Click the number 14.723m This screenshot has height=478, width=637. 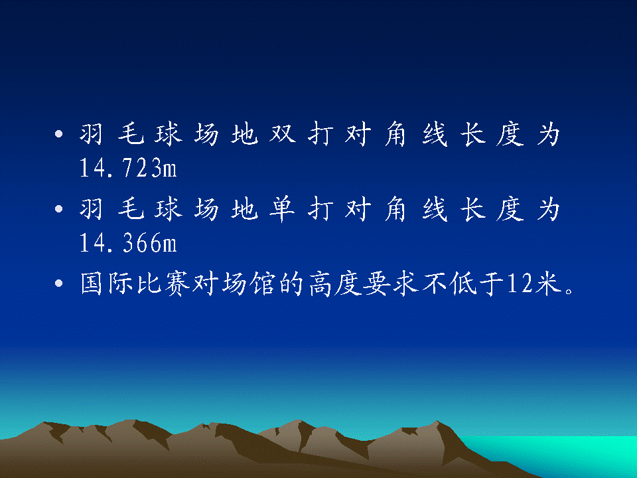(x=128, y=168)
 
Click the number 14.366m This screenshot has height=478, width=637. (x=128, y=243)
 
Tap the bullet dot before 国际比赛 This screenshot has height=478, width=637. (x=59, y=283)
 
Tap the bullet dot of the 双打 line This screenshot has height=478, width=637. (x=59, y=133)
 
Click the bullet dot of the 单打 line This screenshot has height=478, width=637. (x=59, y=209)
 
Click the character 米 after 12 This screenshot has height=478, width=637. (x=548, y=283)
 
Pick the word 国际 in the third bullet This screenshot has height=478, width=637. (x=107, y=283)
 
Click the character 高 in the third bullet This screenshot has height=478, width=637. (x=321, y=283)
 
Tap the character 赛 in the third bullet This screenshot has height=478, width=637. (x=177, y=283)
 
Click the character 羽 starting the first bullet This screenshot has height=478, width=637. (x=91, y=133)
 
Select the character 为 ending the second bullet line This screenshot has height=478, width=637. (x=549, y=209)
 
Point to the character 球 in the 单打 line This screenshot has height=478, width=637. (x=168, y=209)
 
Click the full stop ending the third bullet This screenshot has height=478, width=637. (x=569, y=290)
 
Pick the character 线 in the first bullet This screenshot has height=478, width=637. (x=435, y=133)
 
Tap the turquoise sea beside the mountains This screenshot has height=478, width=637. (x=569, y=451)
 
